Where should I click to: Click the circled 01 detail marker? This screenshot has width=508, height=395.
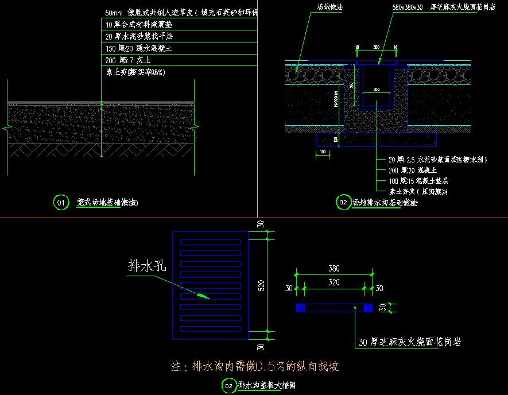[x=60, y=202]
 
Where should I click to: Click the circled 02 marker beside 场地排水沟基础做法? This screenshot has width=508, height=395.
[x=342, y=202]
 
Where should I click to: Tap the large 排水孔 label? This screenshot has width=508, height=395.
[x=146, y=266]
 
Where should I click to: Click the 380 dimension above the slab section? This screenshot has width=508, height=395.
[x=334, y=268]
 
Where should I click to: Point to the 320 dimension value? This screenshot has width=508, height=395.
[x=334, y=282]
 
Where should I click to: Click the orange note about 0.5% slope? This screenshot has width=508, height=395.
[x=259, y=366]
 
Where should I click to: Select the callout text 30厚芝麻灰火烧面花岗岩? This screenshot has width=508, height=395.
[x=409, y=342]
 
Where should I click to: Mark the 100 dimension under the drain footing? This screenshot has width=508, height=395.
[x=323, y=152]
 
